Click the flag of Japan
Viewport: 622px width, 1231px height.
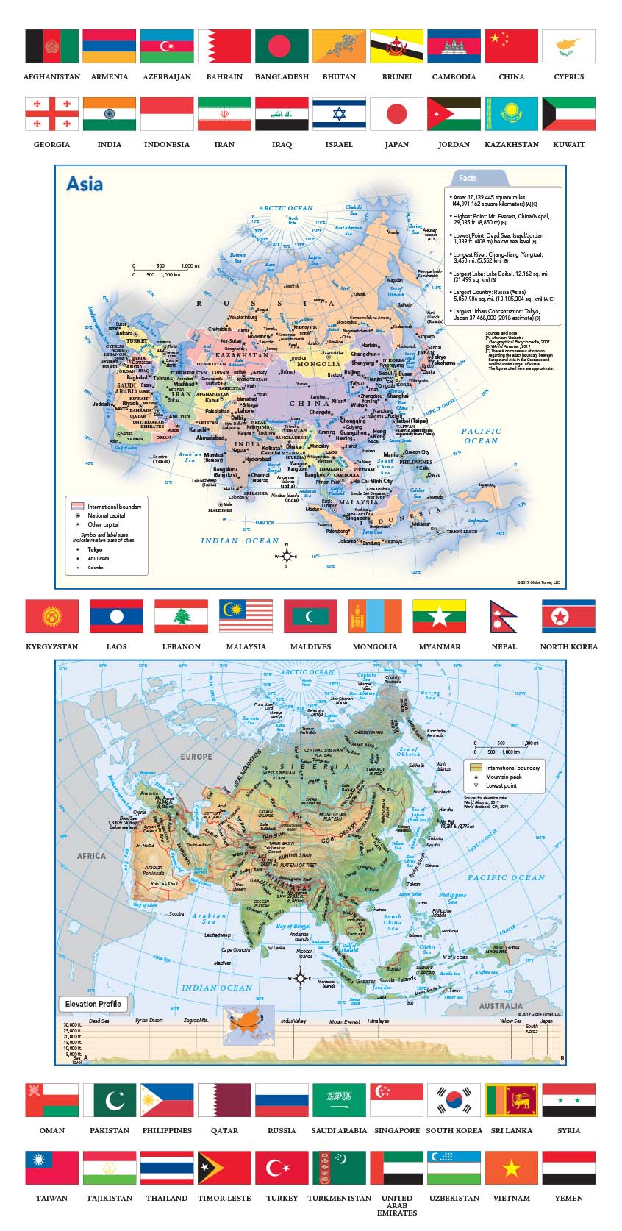[x=396, y=114]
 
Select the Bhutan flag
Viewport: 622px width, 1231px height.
[x=339, y=46]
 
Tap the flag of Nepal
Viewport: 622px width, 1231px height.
[x=503, y=616]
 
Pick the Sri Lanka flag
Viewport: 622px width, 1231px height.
[x=511, y=1100]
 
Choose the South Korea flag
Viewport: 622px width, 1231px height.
[x=454, y=1100]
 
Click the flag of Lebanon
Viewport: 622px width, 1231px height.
[x=181, y=616]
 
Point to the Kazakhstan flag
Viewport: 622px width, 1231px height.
[x=511, y=114]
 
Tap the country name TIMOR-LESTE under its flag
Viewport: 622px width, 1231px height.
[x=224, y=1198]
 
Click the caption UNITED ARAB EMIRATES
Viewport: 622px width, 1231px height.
[x=396, y=1205]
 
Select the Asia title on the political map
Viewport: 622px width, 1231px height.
[x=85, y=184]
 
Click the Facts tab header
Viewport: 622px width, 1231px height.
[x=468, y=178]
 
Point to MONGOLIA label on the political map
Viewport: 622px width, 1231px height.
[x=318, y=364]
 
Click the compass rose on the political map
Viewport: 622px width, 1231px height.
[x=287, y=556]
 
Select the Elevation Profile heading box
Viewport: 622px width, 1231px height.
[x=93, y=1004]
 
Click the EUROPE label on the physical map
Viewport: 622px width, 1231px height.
[x=196, y=756]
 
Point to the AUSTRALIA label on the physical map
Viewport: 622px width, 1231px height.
[x=501, y=1005]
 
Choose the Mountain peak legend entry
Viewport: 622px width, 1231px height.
[x=503, y=777]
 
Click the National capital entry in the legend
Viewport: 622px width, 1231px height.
[x=106, y=515]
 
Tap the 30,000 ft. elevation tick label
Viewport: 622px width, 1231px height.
[x=72, y=1024]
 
